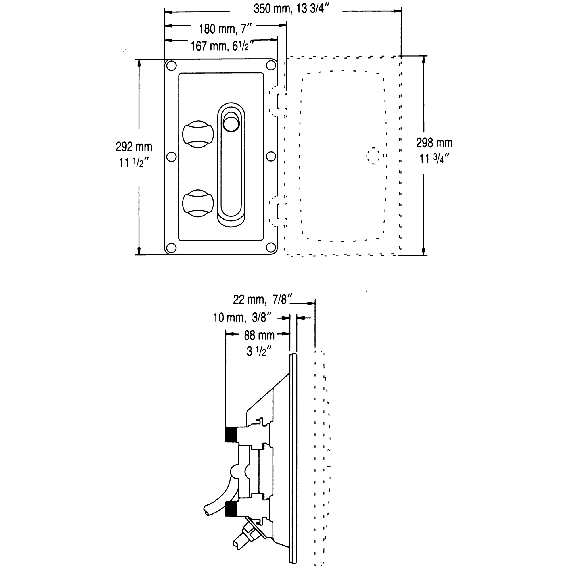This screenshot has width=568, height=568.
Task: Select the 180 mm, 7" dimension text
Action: pyautogui.click(x=226, y=29)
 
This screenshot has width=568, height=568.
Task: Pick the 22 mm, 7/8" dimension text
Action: pyautogui.click(x=262, y=300)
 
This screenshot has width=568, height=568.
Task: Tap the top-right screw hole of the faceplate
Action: pyautogui.click(x=271, y=65)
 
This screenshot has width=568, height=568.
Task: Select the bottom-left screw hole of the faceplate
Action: pyautogui.click(x=171, y=248)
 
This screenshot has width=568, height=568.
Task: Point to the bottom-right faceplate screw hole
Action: pyautogui.click(x=271, y=248)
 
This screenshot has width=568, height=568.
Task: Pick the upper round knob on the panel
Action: pyautogui.click(x=198, y=134)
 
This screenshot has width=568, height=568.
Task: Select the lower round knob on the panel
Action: pyautogui.click(x=198, y=203)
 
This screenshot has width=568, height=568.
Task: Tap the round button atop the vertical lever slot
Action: pyautogui.click(x=231, y=124)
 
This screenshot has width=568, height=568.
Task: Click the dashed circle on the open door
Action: pyautogui.click(x=373, y=156)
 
